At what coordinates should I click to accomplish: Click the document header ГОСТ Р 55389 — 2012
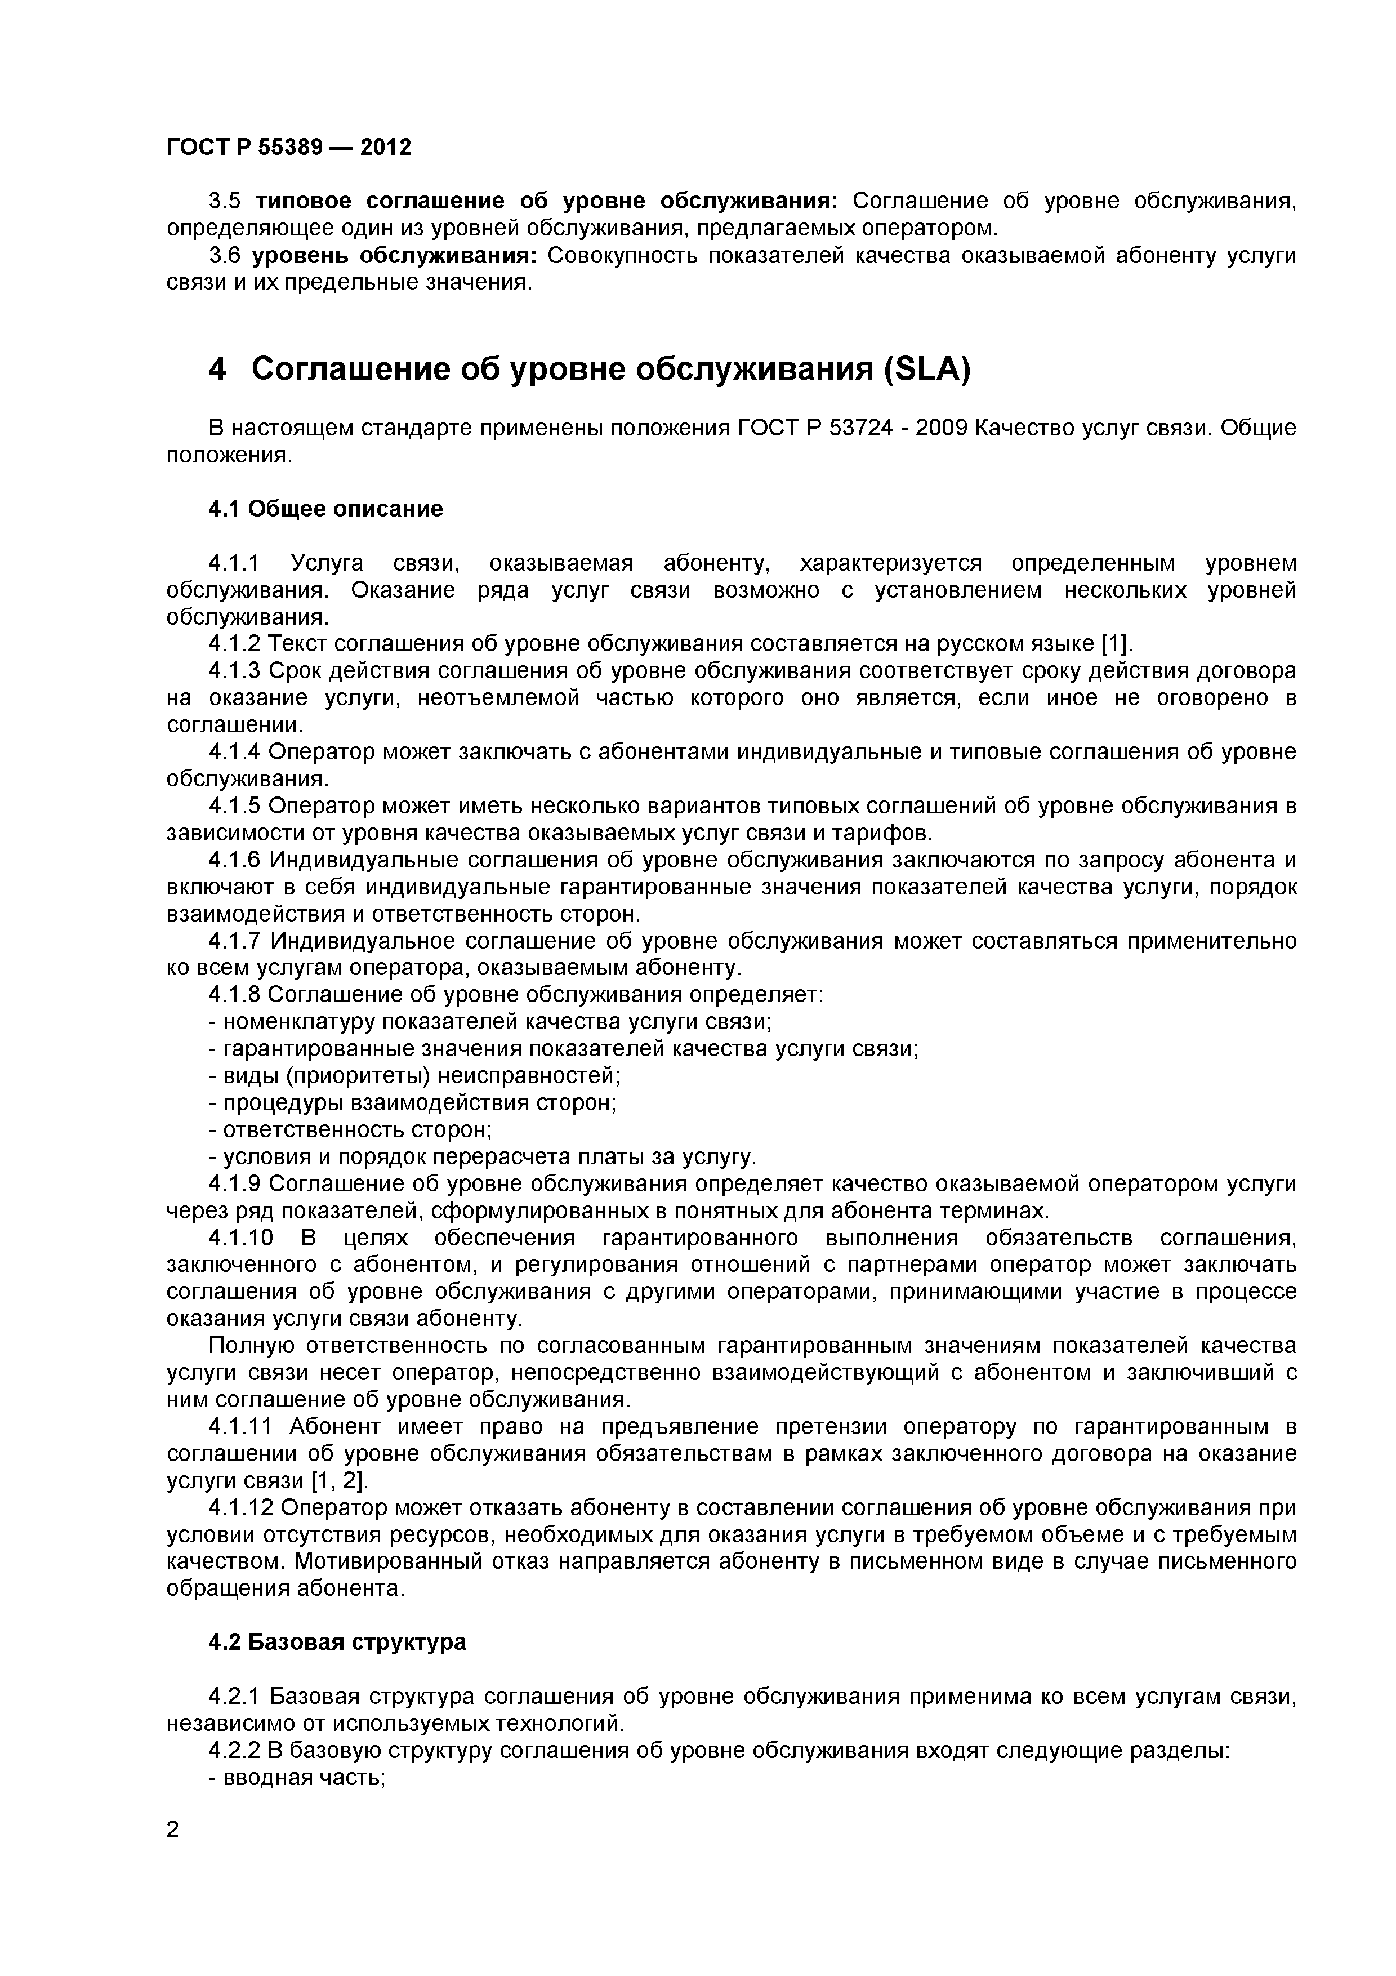point(289,148)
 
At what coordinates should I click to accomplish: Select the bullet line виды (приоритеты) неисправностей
point(414,1076)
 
